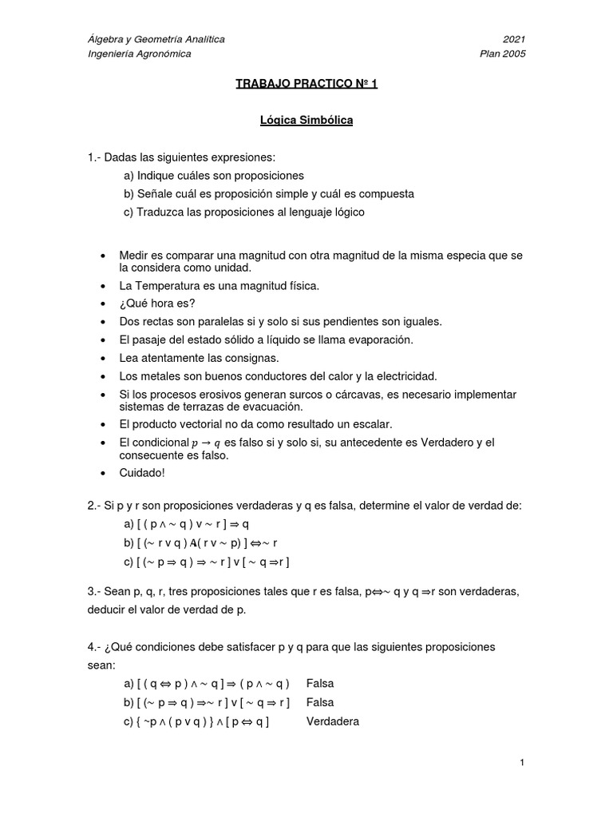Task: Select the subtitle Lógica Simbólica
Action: coord(306,121)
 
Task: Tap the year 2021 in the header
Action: coord(513,39)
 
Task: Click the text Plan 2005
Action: coord(502,54)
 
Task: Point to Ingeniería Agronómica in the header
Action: coord(140,54)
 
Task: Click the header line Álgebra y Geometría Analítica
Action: coord(156,39)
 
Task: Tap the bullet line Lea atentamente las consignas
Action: coord(199,357)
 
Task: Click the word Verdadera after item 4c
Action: coord(333,721)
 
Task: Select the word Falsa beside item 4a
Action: coord(320,684)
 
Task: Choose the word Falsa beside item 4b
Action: coord(320,702)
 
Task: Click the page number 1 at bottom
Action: coord(521,764)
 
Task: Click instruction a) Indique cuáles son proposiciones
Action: coord(213,175)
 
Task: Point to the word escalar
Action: coord(371,424)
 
